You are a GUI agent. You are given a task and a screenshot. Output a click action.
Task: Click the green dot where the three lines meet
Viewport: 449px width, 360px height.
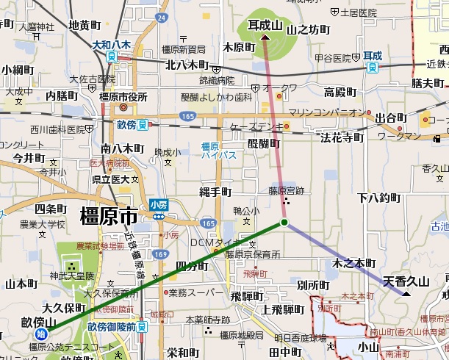point(284,223)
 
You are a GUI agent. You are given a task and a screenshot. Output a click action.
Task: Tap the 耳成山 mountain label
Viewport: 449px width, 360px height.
point(265,26)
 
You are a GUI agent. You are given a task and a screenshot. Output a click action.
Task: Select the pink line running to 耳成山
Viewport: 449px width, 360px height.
point(275,125)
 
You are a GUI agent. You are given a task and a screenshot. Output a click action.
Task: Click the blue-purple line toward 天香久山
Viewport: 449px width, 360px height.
point(345,259)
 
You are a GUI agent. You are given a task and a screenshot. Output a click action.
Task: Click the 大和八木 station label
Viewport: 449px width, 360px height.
point(111,45)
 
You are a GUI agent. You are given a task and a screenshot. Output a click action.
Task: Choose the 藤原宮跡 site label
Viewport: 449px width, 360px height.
point(285,190)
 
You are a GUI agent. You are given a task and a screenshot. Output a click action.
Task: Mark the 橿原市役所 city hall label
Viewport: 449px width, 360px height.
point(123,97)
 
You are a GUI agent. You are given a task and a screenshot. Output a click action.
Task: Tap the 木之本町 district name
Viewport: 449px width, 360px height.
point(353,263)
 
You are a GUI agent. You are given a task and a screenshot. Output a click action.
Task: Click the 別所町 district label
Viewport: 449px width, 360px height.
point(314,284)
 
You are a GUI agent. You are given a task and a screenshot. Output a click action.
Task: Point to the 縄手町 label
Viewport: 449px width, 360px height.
point(215,192)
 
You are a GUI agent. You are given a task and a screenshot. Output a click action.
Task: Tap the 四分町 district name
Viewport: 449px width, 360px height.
point(193,265)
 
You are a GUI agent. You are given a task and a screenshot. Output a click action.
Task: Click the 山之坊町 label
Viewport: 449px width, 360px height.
point(308,30)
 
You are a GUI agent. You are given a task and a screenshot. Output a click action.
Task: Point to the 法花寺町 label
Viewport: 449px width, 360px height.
point(342,137)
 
